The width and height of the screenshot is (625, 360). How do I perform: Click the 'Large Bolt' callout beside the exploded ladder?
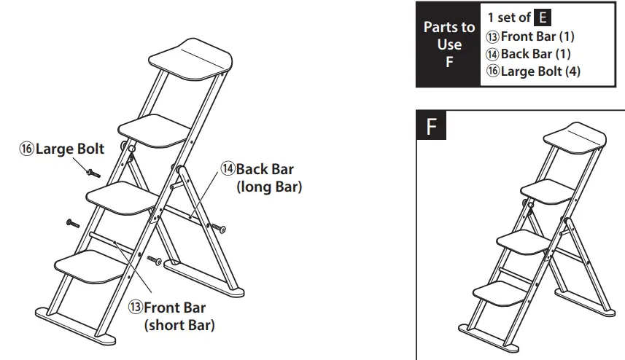click(x=62, y=149)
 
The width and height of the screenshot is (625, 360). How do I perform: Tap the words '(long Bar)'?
click(x=269, y=187)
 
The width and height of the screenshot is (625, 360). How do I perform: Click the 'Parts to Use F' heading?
click(x=449, y=44)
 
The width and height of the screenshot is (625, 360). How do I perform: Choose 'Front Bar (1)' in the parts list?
click(x=530, y=36)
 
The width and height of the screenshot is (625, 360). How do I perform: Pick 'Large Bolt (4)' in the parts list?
click(x=533, y=71)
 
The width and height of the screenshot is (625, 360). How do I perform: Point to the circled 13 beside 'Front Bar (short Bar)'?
click(x=136, y=308)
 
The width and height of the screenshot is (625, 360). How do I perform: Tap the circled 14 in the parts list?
click(x=493, y=54)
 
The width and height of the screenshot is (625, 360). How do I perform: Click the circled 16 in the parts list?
click(x=493, y=71)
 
